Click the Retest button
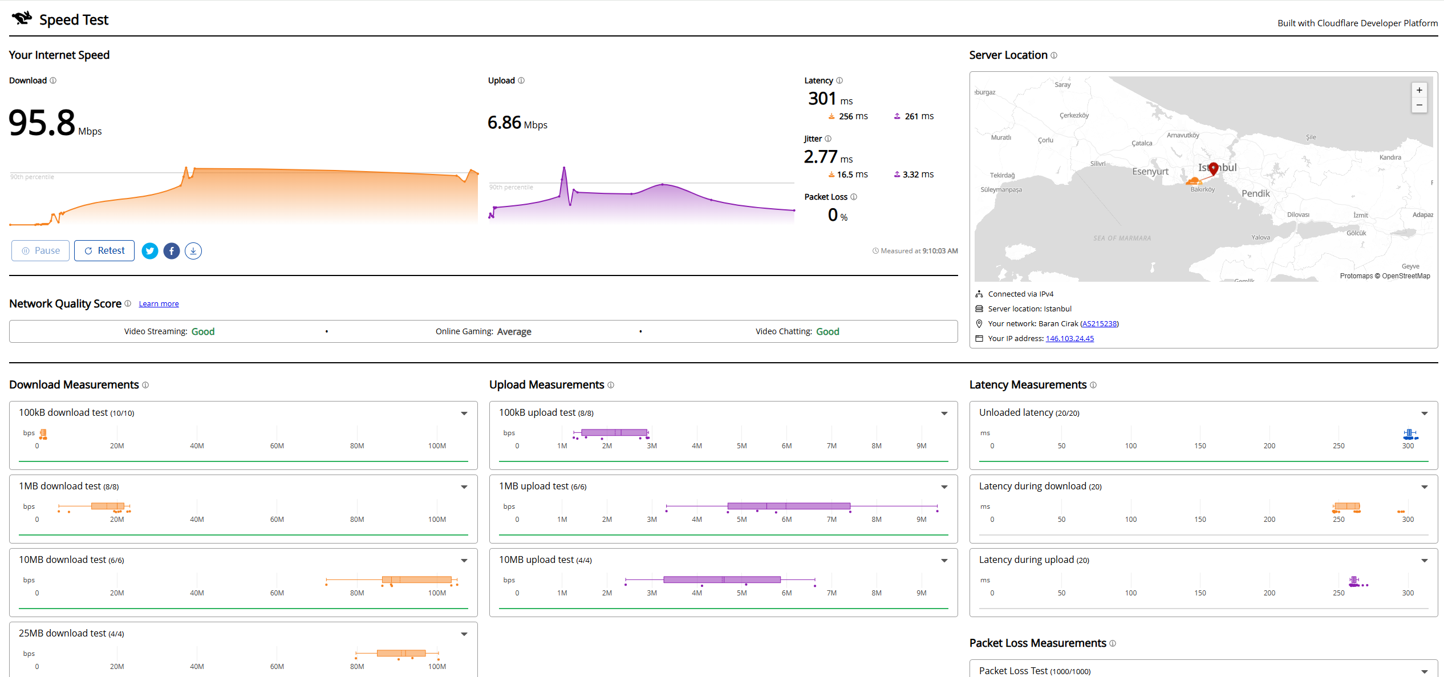coord(104,250)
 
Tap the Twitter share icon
coord(150,251)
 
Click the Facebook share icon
coord(172,251)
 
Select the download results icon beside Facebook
coord(193,251)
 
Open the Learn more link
coord(159,304)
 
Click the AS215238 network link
coord(1100,323)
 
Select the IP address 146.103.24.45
coord(1070,338)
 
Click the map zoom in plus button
coord(1419,90)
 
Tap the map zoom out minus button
coord(1419,105)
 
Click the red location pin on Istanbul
coord(1214,168)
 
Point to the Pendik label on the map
coord(1256,193)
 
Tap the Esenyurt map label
coord(1150,171)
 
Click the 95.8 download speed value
coord(42,123)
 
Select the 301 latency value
coord(822,99)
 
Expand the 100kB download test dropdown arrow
coord(464,414)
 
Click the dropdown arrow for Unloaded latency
coord(1425,414)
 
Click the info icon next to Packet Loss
coord(854,197)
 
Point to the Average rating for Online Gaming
coord(514,331)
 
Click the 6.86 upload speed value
coord(504,123)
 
